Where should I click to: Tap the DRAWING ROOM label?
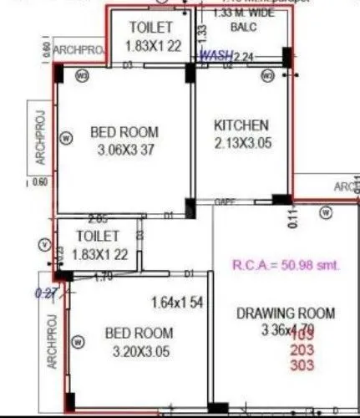pyautogui.click(x=286, y=313)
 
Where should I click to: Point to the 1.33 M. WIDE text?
pyautogui.click(x=244, y=13)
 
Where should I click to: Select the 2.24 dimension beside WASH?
pyautogui.click(x=243, y=56)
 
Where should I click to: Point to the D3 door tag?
pyautogui.click(x=127, y=64)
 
